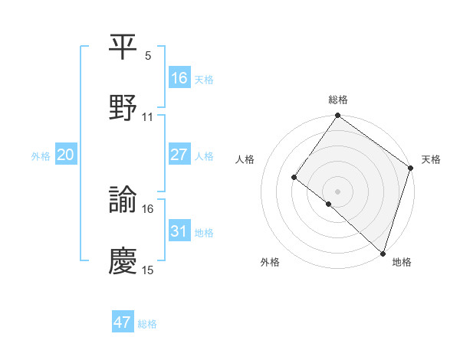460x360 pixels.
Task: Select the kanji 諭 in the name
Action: pyautogui.click(x=123, y=201)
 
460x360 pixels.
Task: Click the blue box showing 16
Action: pyautogui.click(x=179, y=78)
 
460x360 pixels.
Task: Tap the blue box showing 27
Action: pyautogui.click(x=179, y=155)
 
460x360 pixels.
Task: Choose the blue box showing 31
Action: pyautogui.click(x=179, y=231)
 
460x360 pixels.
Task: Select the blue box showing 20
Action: pyautogui.click(x=66, y=155)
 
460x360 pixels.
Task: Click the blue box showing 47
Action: pyautogui.click(x=123, y=322)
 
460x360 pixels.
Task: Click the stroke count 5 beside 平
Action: pyautogui.click(x=148, y=56)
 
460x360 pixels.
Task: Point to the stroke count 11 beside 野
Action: pyautogui.click(x=148, y=117)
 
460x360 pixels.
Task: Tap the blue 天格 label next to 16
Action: pyautogui.click(x=204, y=79)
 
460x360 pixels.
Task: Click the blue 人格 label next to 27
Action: pyautogui.click(x=204, y=155)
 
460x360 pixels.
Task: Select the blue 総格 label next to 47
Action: pyautogui.click(x=147, y=323)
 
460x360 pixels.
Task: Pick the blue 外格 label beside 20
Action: pyautogui.click(x=41, y=155)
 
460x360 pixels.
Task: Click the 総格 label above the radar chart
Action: pyautogui.click(x=338, y=100)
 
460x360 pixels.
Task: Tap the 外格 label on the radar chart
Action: pyautogui.click(x=270, y=263)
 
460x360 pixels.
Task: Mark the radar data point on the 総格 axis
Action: pyautogui.click(x=338, y=116)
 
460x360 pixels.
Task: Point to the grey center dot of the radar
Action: pyautogui.click(x=338, y=191)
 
